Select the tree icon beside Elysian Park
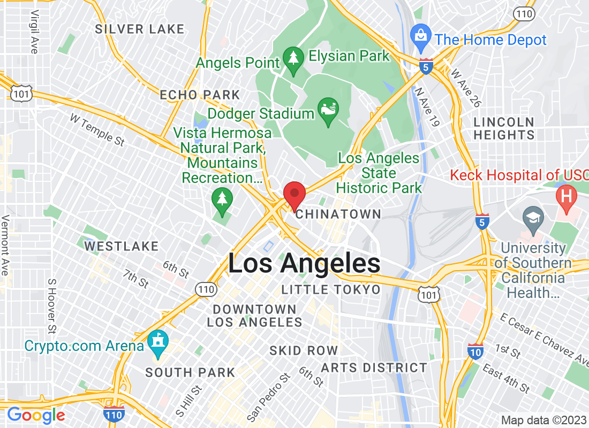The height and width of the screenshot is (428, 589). click(x=293, y=62)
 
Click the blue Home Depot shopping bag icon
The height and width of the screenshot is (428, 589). click(x=421, y=37)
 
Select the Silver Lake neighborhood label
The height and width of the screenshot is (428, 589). click(x=139, y=29)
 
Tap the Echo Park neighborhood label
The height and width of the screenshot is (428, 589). click(x=200, y=95)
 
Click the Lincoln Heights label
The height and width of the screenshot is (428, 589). click(x=504, y=128)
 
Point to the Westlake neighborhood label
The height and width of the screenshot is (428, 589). click(x=122, y=246)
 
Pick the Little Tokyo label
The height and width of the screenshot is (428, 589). click(x=331, y=290)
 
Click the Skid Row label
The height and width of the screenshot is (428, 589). click(x=303, y=350)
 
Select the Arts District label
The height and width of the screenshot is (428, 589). click(x=374, y=368)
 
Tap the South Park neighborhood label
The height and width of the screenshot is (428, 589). click(x=190, y=372)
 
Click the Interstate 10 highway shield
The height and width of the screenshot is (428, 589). click(x=475, y=350)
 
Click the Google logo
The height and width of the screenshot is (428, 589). click(x=36, y=415)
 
